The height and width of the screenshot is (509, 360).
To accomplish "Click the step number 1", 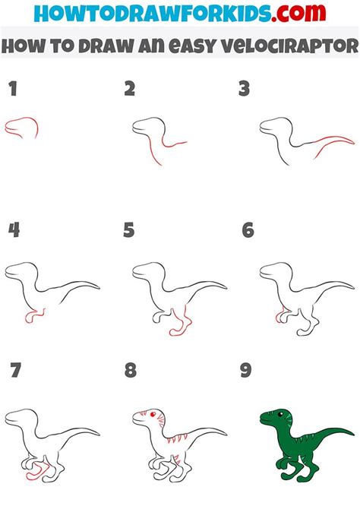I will (x=12, y=90).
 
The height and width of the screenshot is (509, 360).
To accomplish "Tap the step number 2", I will (x=130, y=90).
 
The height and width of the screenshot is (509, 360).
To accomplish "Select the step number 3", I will (x=244, y=90).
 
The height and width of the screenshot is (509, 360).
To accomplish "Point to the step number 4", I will (x=13, y=230).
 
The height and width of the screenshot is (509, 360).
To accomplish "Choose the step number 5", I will (x=129, y=230).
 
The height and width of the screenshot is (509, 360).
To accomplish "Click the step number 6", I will (x=248, y=230).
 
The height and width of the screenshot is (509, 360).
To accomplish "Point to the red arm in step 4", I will (x=32, y=313).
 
